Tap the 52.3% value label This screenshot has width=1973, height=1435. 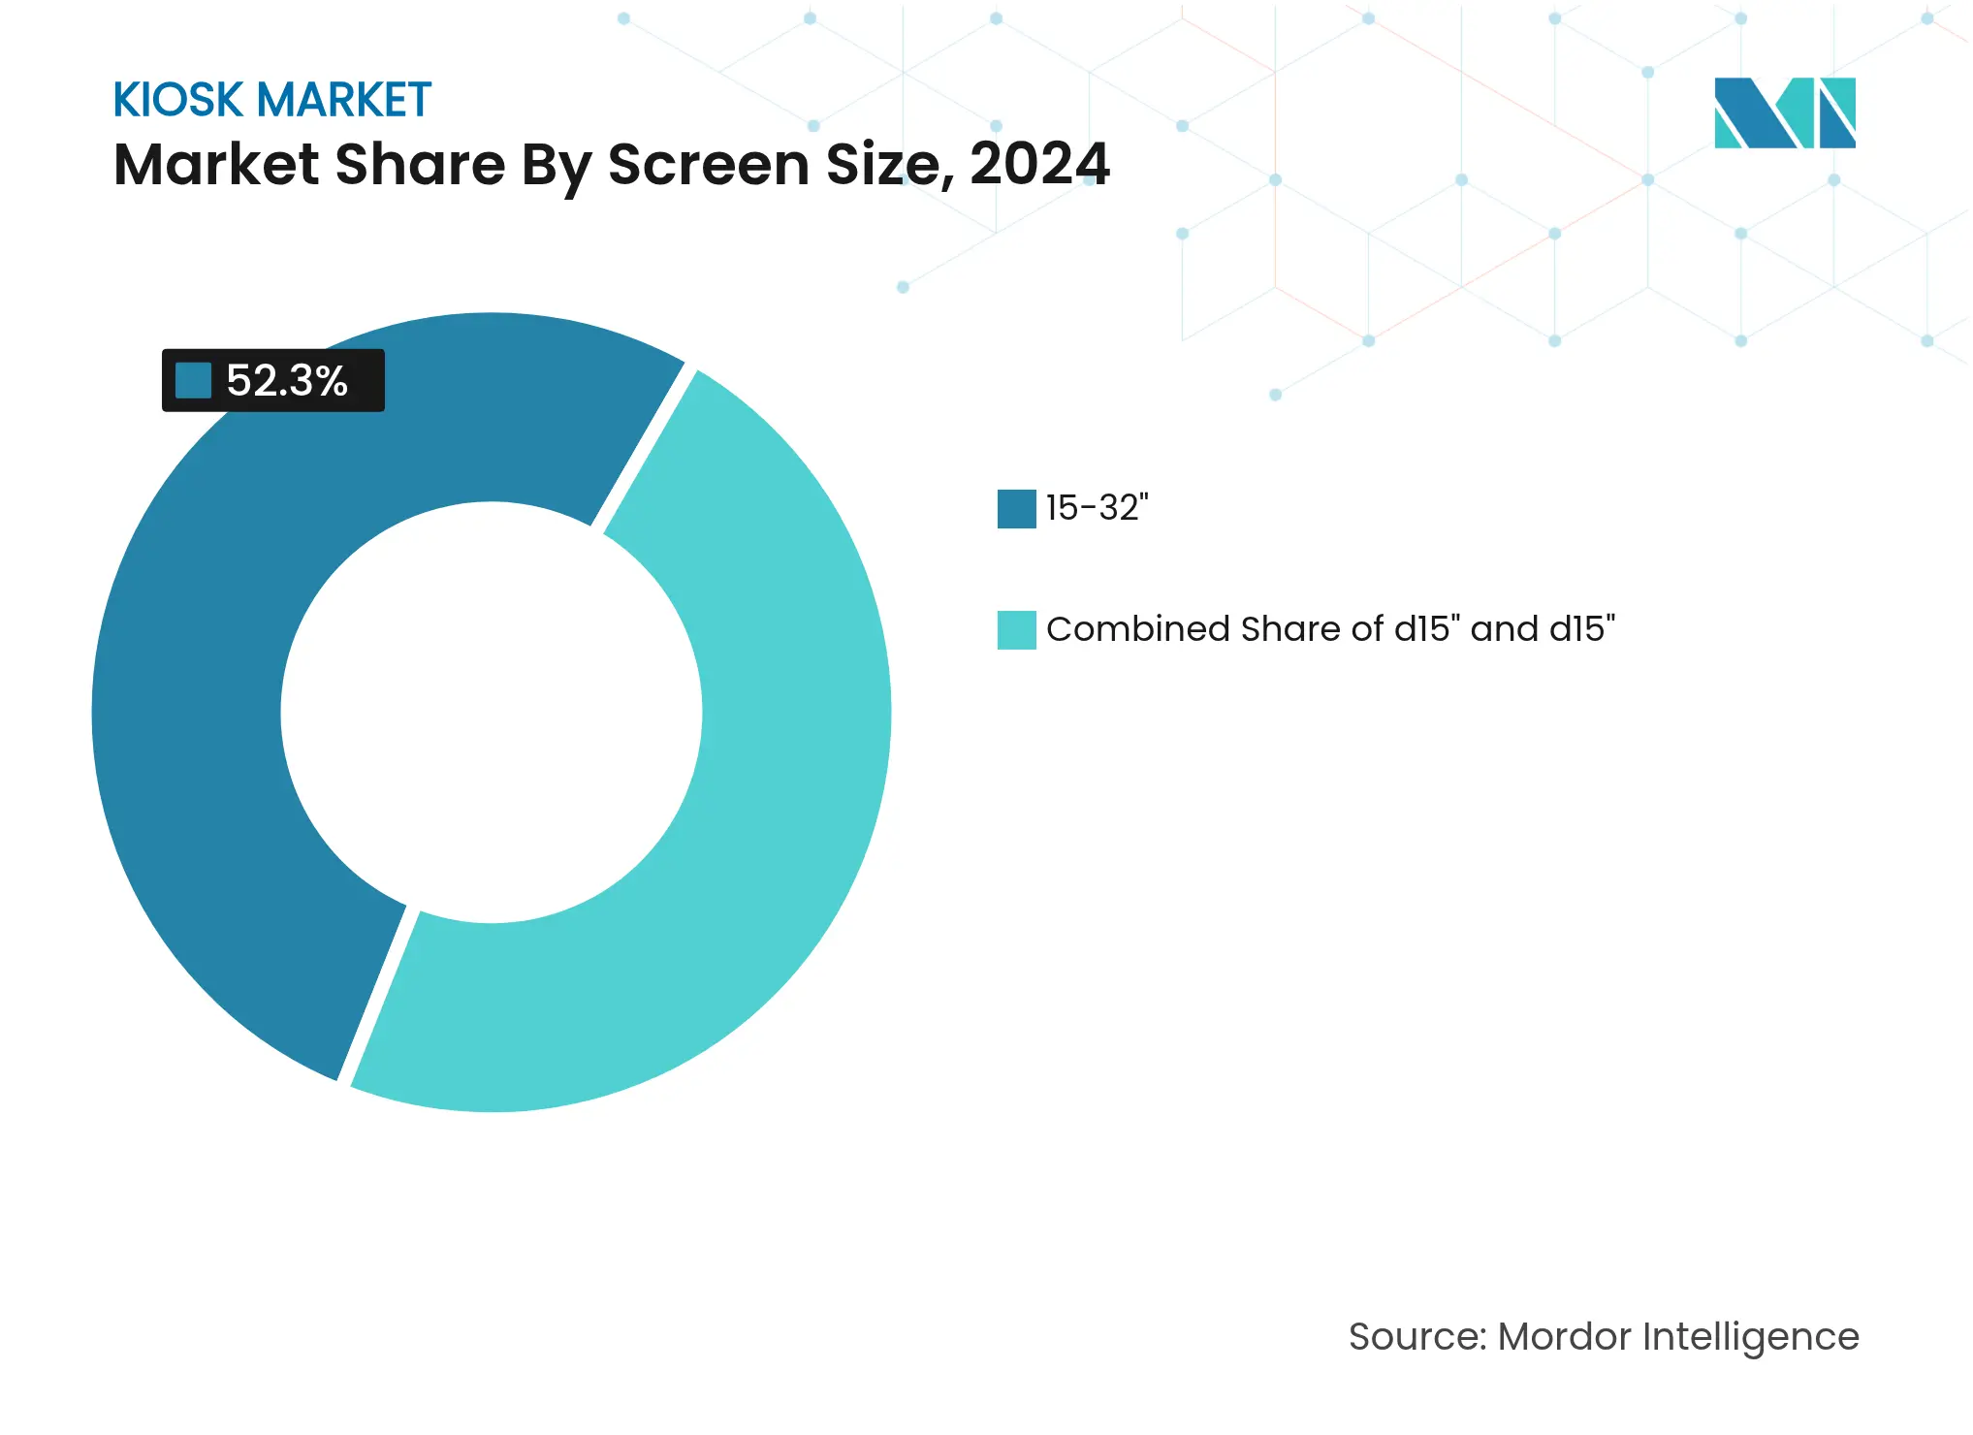coord(287,381)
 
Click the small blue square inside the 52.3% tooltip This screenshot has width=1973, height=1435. coord(193,380)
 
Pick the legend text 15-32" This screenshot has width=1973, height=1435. coord(1097,508)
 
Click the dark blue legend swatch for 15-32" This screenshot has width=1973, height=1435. coord(1016,509)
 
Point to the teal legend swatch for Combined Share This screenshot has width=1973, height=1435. coord(1016,630)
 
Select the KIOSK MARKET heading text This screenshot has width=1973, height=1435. coord(271,100)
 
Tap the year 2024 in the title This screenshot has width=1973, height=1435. coord(1039,164)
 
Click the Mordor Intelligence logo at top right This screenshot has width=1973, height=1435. coord(1784,112)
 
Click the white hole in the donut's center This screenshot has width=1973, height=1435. coord(491,713)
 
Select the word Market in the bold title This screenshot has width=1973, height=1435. coord(216,164)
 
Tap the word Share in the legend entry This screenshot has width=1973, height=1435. coord(1291,629)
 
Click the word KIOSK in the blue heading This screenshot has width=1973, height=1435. coord(177,100)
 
